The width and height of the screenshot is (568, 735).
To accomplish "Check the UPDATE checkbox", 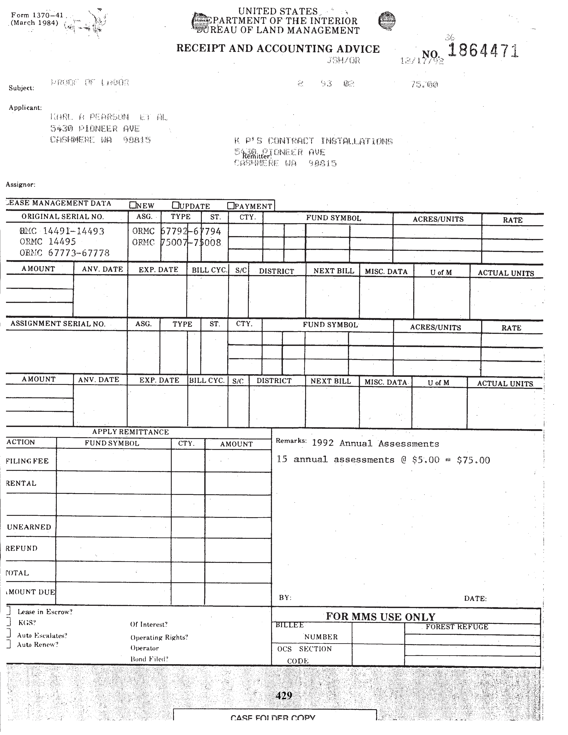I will pyautogui.click(x=175, y=205).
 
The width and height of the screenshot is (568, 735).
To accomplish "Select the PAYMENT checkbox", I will pyautogui.click(x=231, y=205).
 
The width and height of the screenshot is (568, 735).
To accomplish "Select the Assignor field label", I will pyautogui.click(x=20, y=184).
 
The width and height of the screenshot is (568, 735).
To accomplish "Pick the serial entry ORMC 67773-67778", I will pyautogui.click(x=65, y=253).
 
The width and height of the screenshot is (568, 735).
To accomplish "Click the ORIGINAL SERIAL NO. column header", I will pyautogui.click(x=63, y=217).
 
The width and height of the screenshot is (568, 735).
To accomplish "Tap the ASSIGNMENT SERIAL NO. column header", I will pyautogui.click(x=58, y=324).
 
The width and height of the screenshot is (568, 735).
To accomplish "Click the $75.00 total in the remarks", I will pyautogui.click(x=473, y=460).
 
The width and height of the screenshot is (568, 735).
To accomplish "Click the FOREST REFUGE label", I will pyautogui.click(x=457, y=627).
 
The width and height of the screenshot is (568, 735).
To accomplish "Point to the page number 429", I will pyautogui.click(x=284, y=695).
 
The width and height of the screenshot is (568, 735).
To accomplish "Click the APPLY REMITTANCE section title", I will pyautogui.click(x=131, y=432).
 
